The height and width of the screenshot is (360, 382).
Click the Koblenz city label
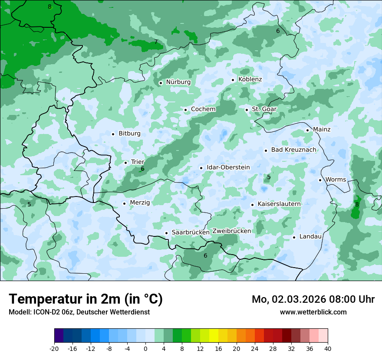pyautogui.click(x=250, y=79)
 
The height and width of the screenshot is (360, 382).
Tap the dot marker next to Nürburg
pyautogui.click(x=161, y=83)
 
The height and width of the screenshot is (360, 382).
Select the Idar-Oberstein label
pyautogui.click(x=228, y=167)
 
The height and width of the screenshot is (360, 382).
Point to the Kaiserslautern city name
pyautogui.click(x=279, y=204)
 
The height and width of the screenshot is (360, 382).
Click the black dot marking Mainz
pyautogui.click(x=307, y=130)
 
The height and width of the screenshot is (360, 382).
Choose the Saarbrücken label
pyautogui.click(x=191, y=232)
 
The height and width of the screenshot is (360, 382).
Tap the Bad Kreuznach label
pyautogui.click(x=294, y=150)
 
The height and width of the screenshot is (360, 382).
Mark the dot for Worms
pyautogui.click(x=320, y=180)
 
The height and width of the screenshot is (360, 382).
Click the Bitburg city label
pyautogui.click(x=129, y=134)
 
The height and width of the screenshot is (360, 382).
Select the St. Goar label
pyautogui.click(x=264, y=109)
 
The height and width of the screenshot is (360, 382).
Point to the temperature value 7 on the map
pyautogui.click(x=156, y=42)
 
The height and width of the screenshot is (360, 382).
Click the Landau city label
pyautogui.click(x=310, y=237)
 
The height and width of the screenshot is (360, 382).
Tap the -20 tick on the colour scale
pyautogui.click(x=54, y=348)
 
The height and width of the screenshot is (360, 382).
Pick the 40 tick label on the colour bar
pyautogui.click(x=328, y=348)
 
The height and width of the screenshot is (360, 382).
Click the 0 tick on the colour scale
pyautogui.click(x=145, y=348)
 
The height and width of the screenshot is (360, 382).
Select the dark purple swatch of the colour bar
pyautogui.click(x=59, y=336)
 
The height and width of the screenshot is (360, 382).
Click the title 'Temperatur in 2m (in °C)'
pyautogui.click(x=86, y=299)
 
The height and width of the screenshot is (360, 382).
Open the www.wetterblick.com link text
pyautogui.click(x=313, y=312)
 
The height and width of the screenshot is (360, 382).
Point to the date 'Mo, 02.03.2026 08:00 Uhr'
pyautogui.click(x=313, y=299)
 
